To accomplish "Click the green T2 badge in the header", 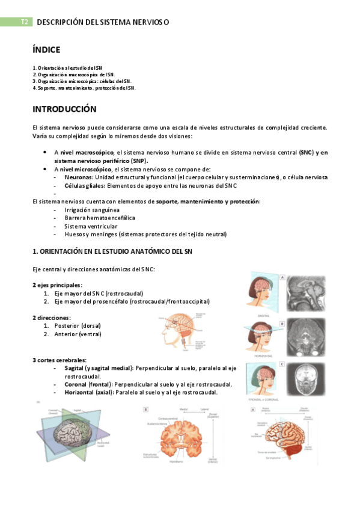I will click(24, 22).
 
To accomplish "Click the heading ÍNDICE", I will click(46, 50).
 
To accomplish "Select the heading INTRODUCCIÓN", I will click(64, 109).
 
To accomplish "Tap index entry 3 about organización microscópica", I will click(82, 81).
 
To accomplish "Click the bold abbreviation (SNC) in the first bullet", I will click(306, 153).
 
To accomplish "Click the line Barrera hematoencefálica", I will click(99, 218).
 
